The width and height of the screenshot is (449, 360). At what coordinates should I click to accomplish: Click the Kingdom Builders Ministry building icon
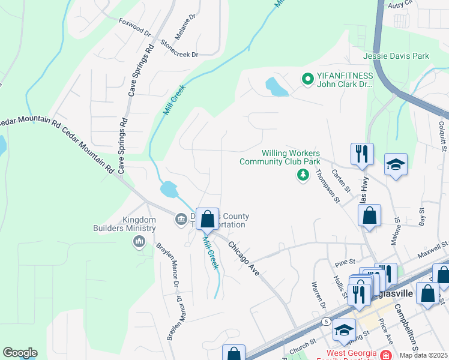[139, 241]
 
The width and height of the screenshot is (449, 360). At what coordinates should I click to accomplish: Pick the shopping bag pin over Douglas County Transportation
[207, 219]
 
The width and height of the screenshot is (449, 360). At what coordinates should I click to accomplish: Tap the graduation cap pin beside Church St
[344, 329]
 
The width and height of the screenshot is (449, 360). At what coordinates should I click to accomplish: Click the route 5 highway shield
[325, 322]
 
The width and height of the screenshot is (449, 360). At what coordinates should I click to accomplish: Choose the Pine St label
[346, 262]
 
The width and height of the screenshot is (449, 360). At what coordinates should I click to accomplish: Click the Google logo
[20, 353]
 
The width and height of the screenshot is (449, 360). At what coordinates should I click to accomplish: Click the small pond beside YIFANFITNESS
[276, 87]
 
